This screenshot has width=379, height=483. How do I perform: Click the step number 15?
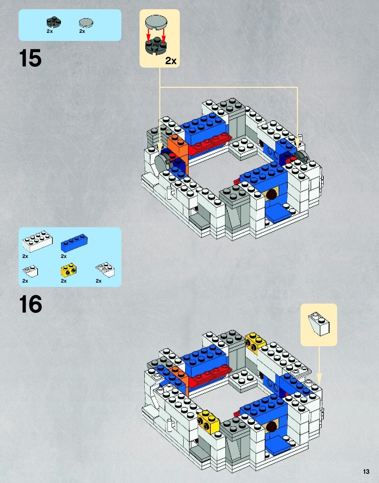(30, 58)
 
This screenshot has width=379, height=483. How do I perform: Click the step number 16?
(31, 304)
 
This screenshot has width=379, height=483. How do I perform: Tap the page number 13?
(366, 471)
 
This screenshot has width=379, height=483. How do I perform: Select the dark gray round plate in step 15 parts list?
(54, 22)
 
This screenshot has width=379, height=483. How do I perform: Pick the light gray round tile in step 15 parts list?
(86, 23)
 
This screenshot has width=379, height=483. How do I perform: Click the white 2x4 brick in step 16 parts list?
(37, 241)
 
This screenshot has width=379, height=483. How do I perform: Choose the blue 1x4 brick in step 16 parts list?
(74, 242)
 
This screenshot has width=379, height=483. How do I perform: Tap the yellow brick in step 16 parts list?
(68, 270)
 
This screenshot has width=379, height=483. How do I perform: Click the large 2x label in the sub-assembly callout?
(171, 61)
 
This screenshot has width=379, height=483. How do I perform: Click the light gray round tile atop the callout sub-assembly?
(156, 21)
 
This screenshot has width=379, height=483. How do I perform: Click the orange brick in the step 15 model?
(178, 148)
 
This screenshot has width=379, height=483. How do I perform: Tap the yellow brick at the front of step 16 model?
(208, 421)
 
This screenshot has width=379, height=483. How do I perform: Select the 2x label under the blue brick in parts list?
(64, 256)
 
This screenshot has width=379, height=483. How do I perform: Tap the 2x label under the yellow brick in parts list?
(64, 281)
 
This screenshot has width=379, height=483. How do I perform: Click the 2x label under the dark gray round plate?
(50, 31)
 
